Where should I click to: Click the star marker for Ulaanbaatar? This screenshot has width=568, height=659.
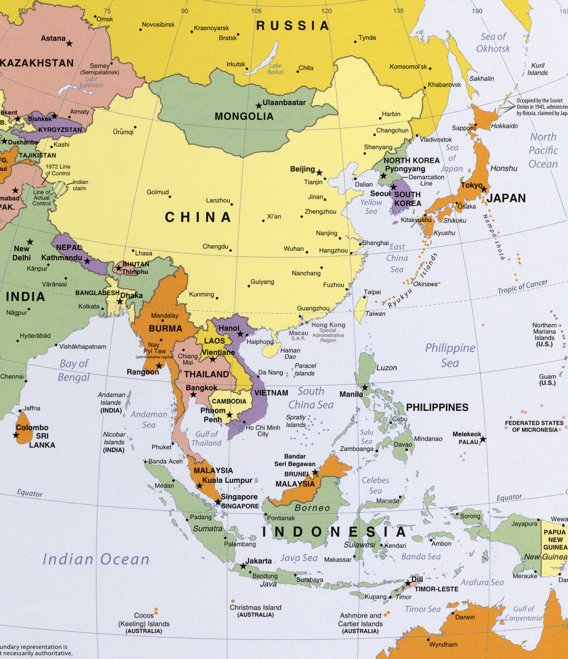coord(259,106)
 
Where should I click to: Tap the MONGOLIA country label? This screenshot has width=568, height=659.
coord(244,117)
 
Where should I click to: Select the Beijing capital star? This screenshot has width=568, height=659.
coord(319,173)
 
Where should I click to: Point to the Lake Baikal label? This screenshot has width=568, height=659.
coord(275,69)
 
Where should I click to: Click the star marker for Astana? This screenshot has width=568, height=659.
coord(70,44)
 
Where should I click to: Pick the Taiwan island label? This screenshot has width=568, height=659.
coord(375,313)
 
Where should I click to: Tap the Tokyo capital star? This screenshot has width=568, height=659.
coord(484,189)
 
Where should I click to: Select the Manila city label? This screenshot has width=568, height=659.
coord(351,394)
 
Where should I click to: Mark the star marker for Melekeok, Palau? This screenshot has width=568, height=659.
coord(483,439)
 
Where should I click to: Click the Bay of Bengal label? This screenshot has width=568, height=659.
coord(74,370)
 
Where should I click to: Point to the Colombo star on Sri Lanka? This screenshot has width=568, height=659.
coord(16,435)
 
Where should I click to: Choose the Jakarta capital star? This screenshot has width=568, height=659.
coord(243,566)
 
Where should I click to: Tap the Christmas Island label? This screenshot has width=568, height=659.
coord(255,608)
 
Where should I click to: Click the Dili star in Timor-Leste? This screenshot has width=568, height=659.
coord(408,583)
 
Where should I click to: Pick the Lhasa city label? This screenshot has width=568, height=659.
coord(144,253)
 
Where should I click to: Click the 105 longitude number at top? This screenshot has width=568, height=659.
coord(256,11)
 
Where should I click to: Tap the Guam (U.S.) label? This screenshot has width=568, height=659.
coord(547,380)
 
